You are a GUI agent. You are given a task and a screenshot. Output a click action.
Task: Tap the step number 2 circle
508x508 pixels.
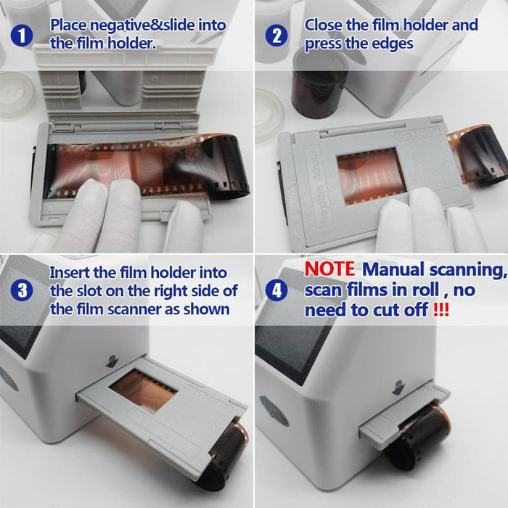pos(276,35)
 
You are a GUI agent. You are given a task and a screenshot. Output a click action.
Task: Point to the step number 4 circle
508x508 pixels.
pos(276,291)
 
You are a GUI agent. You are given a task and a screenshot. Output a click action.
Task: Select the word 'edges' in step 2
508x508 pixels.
pos(391,44)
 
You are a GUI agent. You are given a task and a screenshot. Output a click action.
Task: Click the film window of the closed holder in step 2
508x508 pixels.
pos(369,175)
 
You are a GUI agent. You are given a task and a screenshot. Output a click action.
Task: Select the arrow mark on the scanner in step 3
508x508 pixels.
pos(112,360)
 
